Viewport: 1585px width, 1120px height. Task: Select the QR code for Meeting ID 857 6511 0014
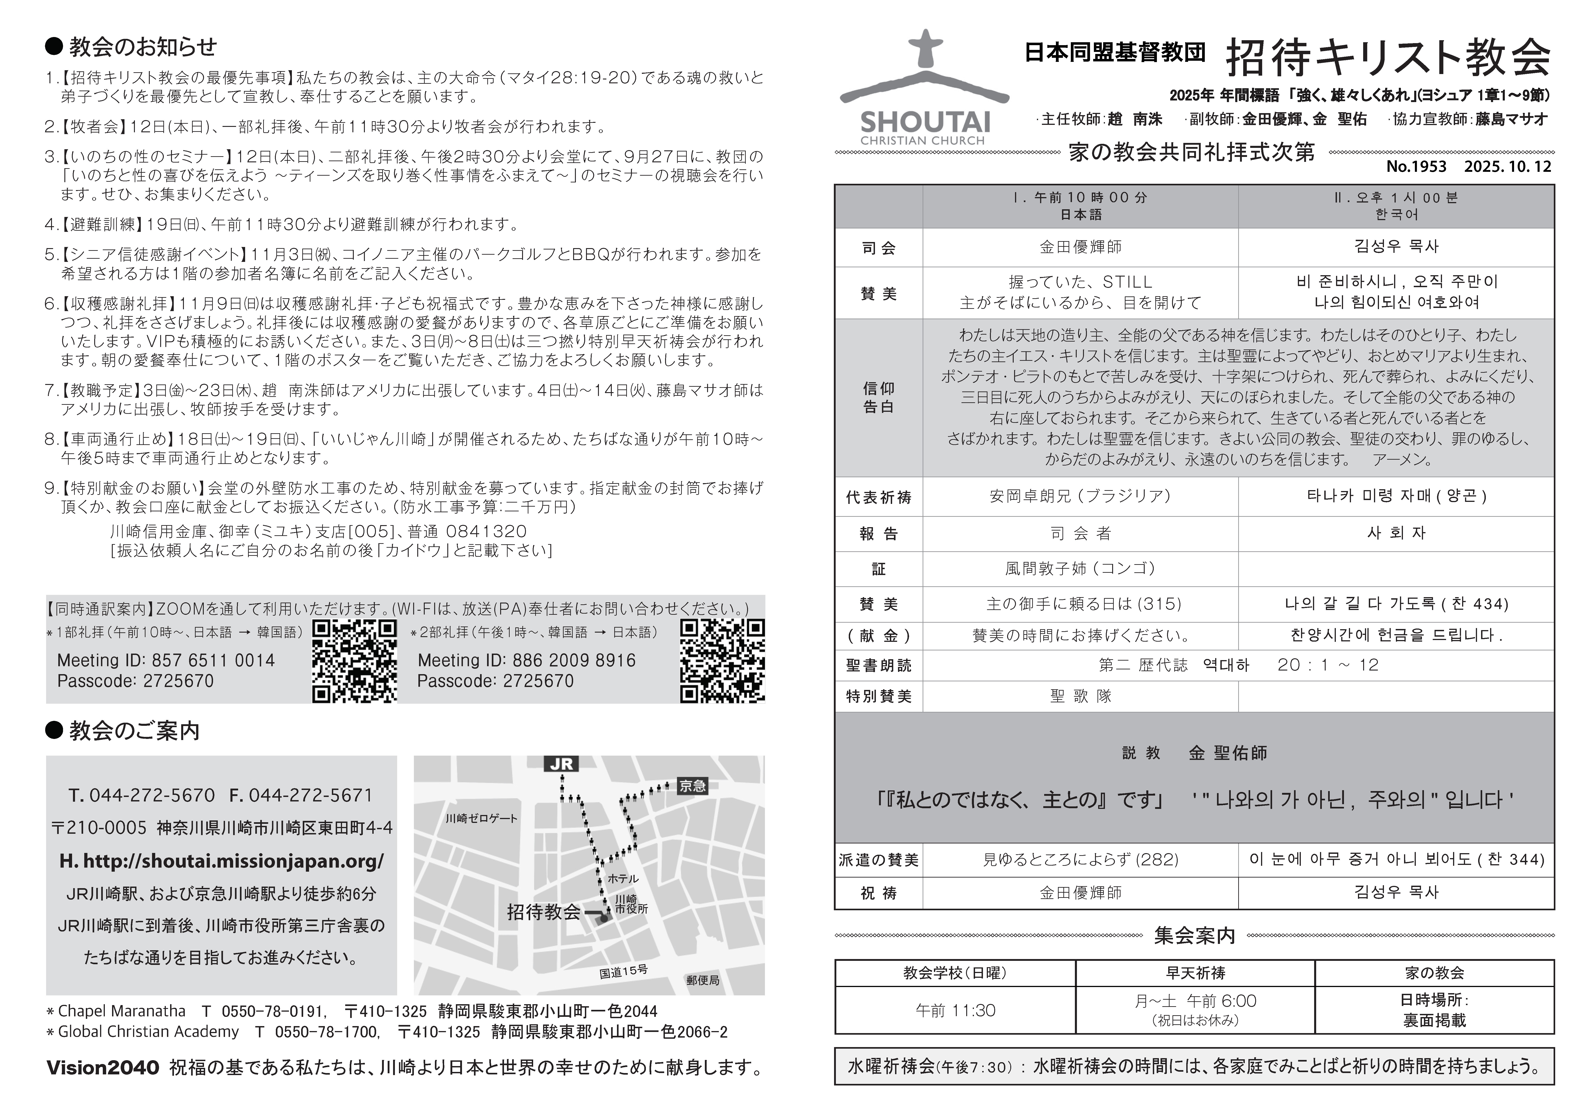(354, 660)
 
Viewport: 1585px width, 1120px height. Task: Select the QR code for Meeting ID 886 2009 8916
(722, 660)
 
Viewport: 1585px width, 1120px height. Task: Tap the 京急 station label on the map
(692, 785)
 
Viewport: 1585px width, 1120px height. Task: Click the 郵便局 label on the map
(703, 980)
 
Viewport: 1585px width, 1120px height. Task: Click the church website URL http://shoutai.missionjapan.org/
(222, 861)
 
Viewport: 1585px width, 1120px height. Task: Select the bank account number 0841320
(486, 531)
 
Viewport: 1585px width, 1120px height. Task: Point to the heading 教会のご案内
(134, 731)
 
